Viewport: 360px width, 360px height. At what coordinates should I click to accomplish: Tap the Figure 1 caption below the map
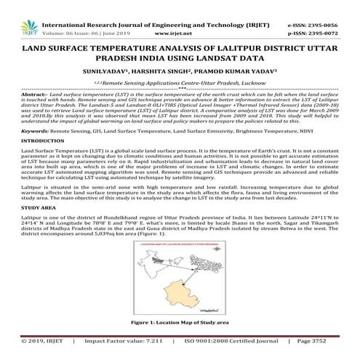[x=180, y=321]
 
